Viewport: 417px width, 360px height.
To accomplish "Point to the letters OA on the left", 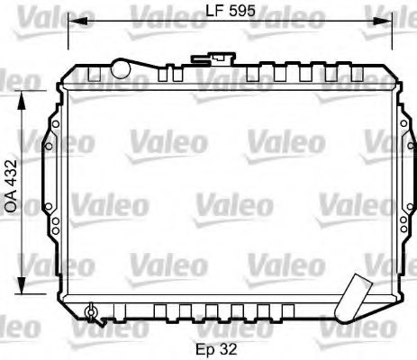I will coord(11,200).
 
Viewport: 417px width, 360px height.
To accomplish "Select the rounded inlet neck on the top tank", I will coord(120,66).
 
